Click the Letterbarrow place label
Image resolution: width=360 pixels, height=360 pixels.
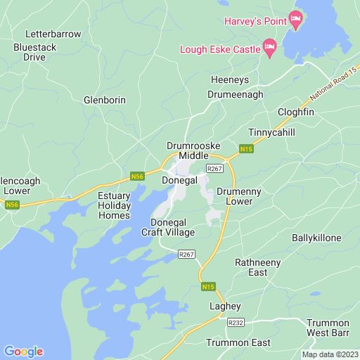pyautogui.click(x=53, y=34)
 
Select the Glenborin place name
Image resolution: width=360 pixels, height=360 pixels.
pyautogui.click(x=105, y=100)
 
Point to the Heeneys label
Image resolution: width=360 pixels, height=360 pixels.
pyautogui.click(x=230, y=80)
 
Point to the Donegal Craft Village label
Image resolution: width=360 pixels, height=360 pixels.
pyautogui.click(x=168, y=226)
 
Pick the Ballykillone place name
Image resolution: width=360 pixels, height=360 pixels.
pyautogui.click(x=316, y=238)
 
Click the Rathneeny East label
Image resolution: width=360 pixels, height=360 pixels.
pyautogui.click(x=258, y=268)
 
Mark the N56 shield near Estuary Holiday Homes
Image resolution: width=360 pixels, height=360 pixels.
pyautogui.click(x=137, y=176)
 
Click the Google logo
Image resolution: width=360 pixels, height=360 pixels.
pyautogui.click(x=23, y=352)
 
